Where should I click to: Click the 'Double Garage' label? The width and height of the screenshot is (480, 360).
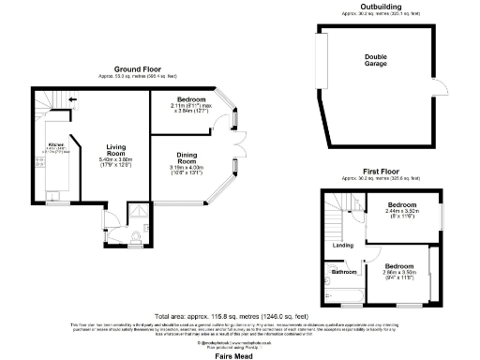[375, 59]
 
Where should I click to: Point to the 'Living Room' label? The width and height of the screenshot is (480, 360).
[115, 151]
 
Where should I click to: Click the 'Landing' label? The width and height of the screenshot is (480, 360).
[343, 247]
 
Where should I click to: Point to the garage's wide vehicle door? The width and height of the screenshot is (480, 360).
[321, 62]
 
